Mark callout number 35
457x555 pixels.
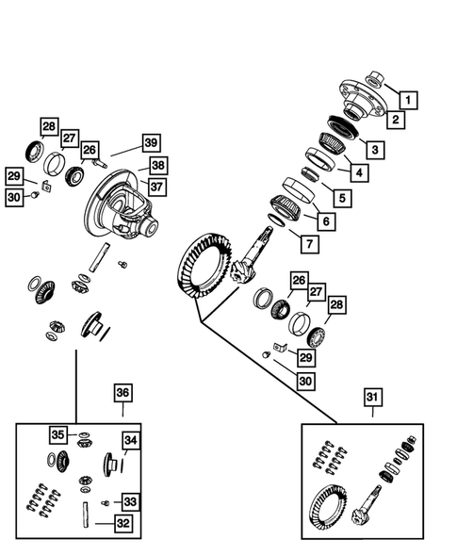[58, 434]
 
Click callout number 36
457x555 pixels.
[122, 393]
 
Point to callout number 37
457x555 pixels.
[155, 187]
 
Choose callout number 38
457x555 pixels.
[157, 165]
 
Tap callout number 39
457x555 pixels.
[151, 142]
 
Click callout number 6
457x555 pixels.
[326, 220]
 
